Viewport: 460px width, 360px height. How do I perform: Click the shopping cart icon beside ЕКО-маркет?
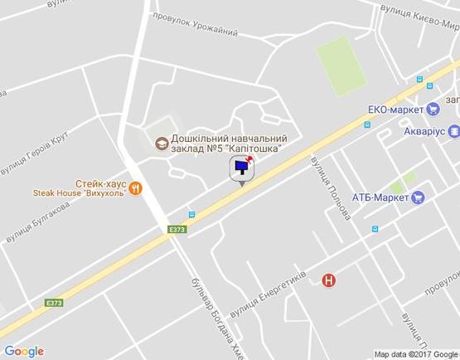(x=433, y=109)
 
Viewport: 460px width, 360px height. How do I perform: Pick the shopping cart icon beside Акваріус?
(x=454, y=131)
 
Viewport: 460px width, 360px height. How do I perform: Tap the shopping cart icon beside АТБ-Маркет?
(x=419, y=197)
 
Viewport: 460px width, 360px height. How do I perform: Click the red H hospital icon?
(x=329, y=280)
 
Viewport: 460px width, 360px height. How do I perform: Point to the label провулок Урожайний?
(x=196, y=25)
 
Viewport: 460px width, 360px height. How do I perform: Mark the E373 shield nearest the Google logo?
(x=55, y=303)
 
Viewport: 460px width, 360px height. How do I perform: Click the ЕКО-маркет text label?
(x=395, y=109)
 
